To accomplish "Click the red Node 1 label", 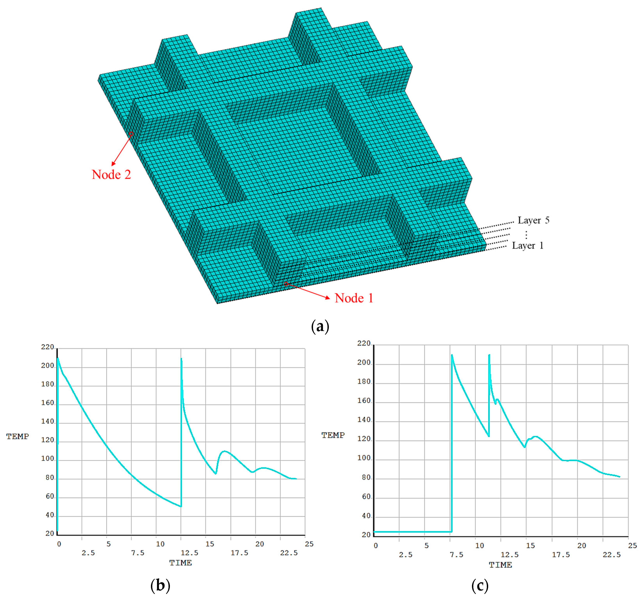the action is pyautogui.click(x=354, y=298).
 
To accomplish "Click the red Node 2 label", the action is pyautogui.click(x=111, y=175).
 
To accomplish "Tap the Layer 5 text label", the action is pyautogui.click(x=533, y=220).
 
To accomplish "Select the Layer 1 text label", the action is pyautogui.click(x=528, y=246).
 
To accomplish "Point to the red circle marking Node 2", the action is pyautogui.click(x=131, y=134).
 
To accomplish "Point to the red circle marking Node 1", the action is pyautogui.click(x=286, y=284).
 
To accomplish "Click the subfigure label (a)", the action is pyautogui.click(x=320, y=326).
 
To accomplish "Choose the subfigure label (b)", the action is pyautogui.click(x=160, y=585).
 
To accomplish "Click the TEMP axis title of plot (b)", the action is pyautogui.click(x=18, y=436).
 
